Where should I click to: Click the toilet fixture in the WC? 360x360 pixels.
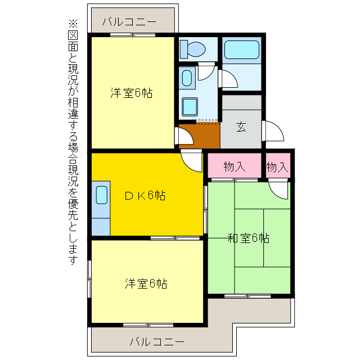pos(193,49)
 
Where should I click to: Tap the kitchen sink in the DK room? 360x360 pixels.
pos(101,195)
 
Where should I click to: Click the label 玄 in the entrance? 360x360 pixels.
pos(241,127)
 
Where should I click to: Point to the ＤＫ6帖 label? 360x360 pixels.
pos(145,196)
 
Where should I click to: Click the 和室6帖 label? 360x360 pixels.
pos(248,238)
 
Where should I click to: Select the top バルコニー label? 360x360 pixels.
pos(129,22)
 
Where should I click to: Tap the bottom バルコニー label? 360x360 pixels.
pos(157,341)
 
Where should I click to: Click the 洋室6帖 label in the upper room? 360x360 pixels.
pos(132,93)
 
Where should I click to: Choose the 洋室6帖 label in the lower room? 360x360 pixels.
pos(146,283)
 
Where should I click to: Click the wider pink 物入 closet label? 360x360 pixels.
pos(235,166)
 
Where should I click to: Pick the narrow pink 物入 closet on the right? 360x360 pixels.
pos(277,166)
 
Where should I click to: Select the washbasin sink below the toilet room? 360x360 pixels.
pos(187,77)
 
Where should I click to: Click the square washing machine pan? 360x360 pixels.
pos(190,106)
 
